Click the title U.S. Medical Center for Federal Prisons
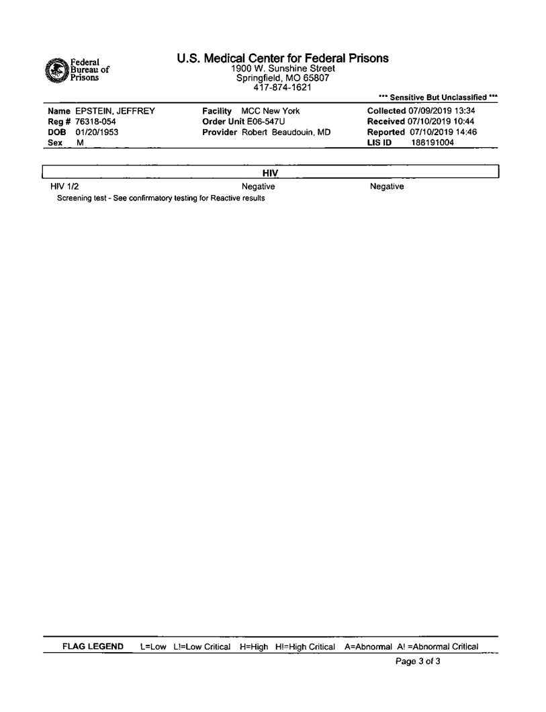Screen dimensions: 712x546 (x=283, y=58)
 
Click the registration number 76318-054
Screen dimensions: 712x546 (x=91, y=122)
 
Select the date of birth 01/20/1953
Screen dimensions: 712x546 (x=92, y=132)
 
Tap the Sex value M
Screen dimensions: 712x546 (x=80, y=143)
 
